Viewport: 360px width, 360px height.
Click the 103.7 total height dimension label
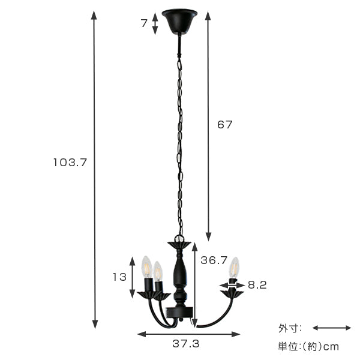click(x=70, y=163)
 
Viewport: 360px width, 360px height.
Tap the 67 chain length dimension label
click(x=225, y=125)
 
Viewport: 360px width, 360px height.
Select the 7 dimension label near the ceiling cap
click(x=144, y=23)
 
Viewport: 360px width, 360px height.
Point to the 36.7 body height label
click(x=214, y=260)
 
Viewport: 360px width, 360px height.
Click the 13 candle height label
click(x=119, y=277)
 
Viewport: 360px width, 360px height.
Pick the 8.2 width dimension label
click(x=257, y=285)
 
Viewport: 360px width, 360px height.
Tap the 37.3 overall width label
click(x=186, y=344)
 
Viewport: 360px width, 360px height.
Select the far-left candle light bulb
click(x=147, y=267)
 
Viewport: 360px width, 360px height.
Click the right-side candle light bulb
click(x=234, y=268)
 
